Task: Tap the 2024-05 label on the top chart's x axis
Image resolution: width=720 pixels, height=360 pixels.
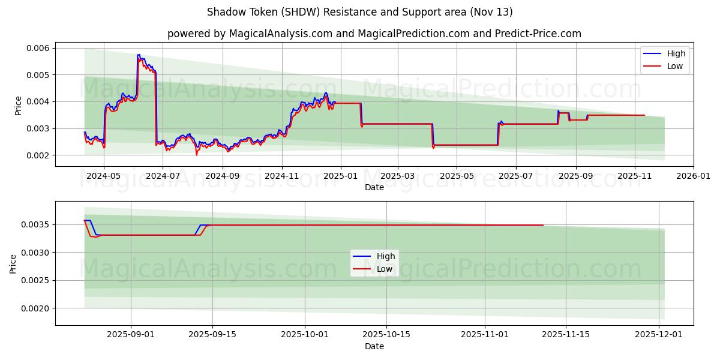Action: pyautogui.click(x=104, y=176)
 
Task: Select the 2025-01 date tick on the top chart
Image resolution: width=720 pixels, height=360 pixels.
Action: pyautogui.click(x=341, y=176)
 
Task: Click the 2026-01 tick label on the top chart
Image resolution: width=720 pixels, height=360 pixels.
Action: pyautogui.click(x=694, y=176)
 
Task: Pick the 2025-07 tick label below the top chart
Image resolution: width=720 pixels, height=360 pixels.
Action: pyautogui.click(x=516, y=176)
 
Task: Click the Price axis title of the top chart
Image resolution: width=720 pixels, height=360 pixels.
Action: pyautogui.click(x=19, y=105)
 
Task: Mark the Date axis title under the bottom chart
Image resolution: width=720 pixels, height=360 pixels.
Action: pyautogui.click(x=374, y=347)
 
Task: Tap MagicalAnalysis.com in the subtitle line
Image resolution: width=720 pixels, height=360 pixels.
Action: pyautogui.click(x=281, y=34)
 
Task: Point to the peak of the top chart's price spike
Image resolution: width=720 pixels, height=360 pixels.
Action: pyautogui.click(x=138, y=55)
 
